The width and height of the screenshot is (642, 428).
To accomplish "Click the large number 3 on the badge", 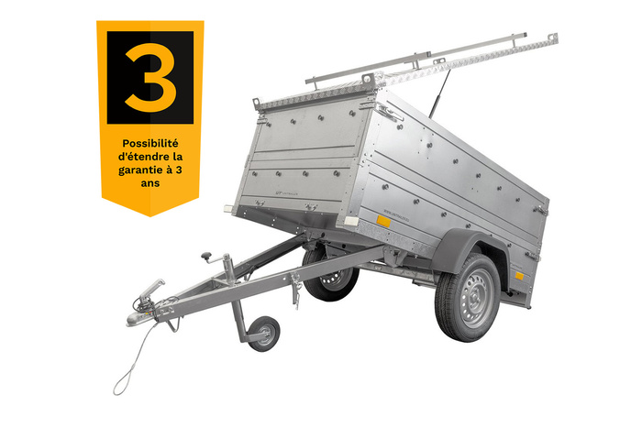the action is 150,78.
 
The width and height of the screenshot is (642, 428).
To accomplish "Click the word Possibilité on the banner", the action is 150,144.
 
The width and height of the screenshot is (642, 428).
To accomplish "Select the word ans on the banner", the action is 150,183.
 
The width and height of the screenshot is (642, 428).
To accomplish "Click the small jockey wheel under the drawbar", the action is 264,334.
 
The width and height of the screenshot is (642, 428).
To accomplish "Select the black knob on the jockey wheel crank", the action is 206,257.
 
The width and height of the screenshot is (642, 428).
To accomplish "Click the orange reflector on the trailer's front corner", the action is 383,222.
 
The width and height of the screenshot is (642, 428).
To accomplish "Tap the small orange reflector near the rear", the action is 519,275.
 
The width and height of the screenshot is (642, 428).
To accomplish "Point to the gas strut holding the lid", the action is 439,93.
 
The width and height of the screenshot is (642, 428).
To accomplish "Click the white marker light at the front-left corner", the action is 228,209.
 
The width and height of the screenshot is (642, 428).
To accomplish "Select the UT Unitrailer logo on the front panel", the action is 285,192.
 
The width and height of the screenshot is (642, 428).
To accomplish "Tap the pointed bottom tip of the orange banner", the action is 150,216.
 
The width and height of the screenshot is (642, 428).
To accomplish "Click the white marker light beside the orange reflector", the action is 351,222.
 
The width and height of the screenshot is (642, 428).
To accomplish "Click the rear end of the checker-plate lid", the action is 553,38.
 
